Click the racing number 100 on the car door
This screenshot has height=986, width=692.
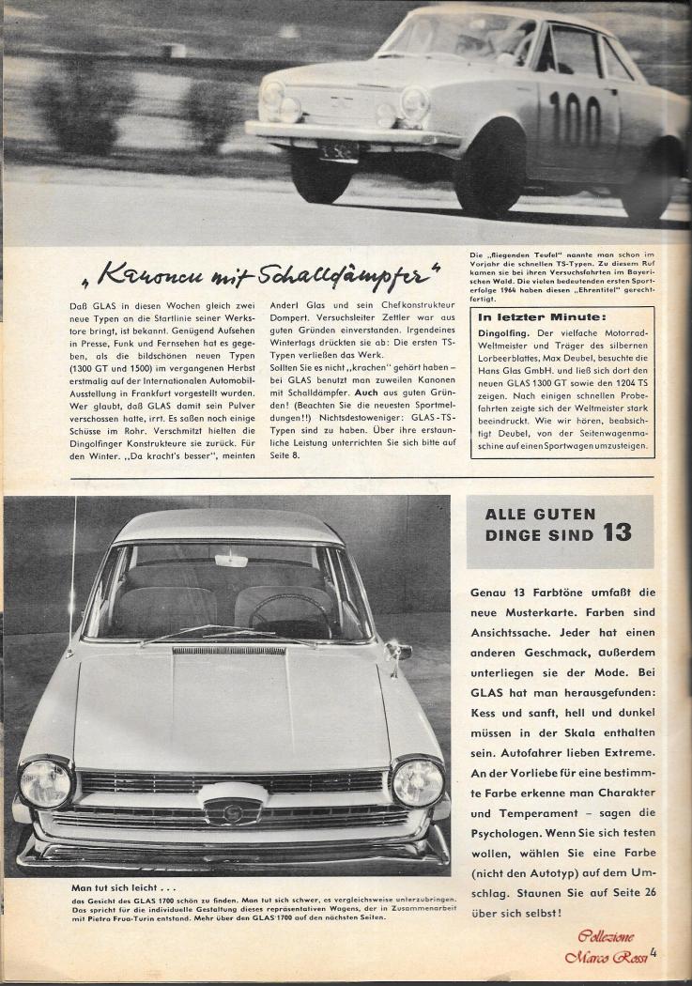pyautogui.click(x=576, y=118)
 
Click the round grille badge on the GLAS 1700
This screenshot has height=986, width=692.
pyautogui.click(x=230, y=810)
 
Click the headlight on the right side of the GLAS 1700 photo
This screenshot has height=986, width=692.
pyautogui.click(x=417, y=781)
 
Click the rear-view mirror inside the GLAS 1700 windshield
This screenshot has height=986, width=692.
pyautogui.click(x=231, y=561)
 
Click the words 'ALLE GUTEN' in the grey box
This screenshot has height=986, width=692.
pyautogui.click(x=540, y=514)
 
